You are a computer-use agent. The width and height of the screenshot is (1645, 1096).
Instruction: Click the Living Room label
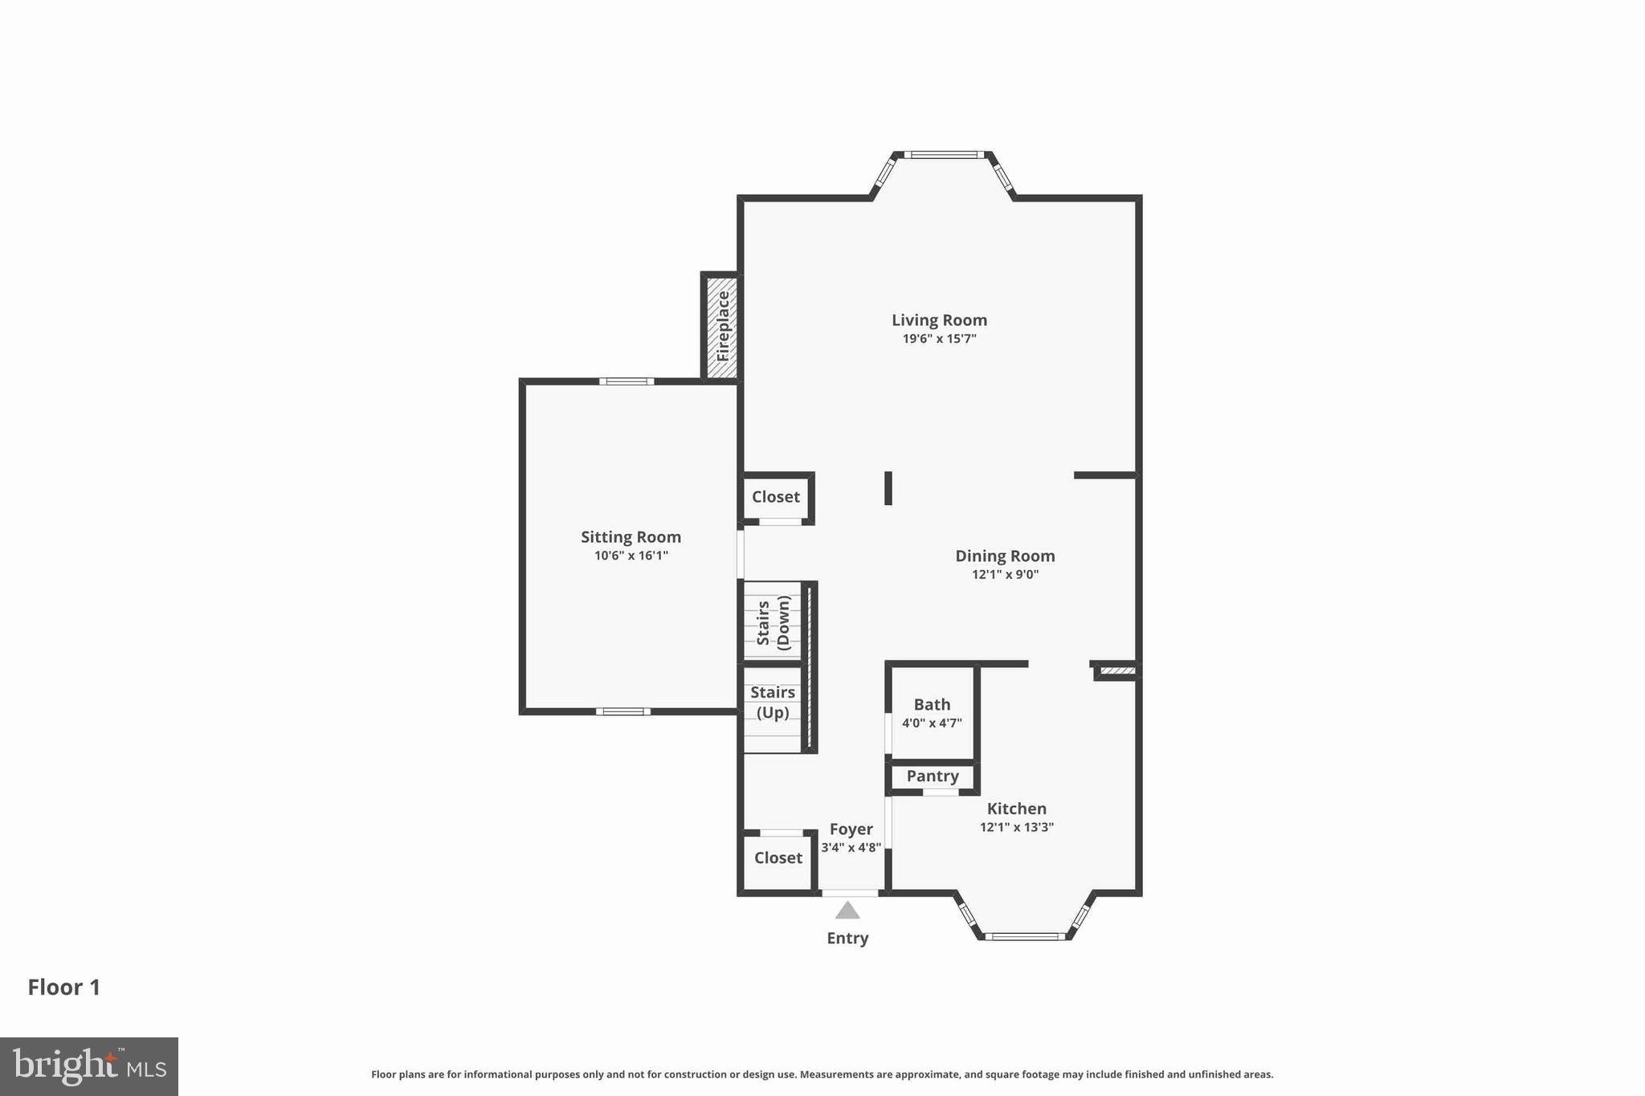pos(939,320)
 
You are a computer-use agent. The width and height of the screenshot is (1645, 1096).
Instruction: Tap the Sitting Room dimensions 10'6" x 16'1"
pos(631,556)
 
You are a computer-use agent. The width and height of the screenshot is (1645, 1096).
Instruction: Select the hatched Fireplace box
pos(722,326)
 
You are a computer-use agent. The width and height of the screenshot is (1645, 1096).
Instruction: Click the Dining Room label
pos(1005,556)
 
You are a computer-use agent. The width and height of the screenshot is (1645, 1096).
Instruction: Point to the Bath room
pos(932,712)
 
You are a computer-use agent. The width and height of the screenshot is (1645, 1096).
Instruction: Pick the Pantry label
pos(933,776)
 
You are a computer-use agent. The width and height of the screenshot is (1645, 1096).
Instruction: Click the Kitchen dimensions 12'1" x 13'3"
pos(1016,827)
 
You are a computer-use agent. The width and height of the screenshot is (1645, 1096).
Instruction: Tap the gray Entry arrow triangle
pos(847,911)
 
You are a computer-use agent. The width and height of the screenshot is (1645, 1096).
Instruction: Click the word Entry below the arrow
pos(847,938)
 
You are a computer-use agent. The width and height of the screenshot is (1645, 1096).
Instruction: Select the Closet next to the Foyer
pos(778,858)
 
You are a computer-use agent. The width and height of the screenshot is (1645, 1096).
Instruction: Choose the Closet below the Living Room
pos(775,497)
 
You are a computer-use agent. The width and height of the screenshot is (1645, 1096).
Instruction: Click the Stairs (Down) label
pos(773,622)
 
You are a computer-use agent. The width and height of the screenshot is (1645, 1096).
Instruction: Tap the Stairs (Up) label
pos(773,703)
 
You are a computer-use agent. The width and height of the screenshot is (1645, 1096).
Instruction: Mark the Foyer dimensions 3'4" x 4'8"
pos(851,848)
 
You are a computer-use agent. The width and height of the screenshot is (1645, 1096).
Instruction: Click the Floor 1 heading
pos(64,988)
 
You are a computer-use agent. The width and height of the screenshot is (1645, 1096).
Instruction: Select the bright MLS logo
pos(89,1066)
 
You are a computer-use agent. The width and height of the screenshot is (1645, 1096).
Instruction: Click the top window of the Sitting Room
pos(627,381)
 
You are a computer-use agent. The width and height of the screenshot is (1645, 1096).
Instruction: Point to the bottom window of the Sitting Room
pos(623,711)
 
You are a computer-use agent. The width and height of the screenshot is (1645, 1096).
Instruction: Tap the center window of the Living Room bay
pos(943,155)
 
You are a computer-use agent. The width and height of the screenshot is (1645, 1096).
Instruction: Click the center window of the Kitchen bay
pos(1025,936)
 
